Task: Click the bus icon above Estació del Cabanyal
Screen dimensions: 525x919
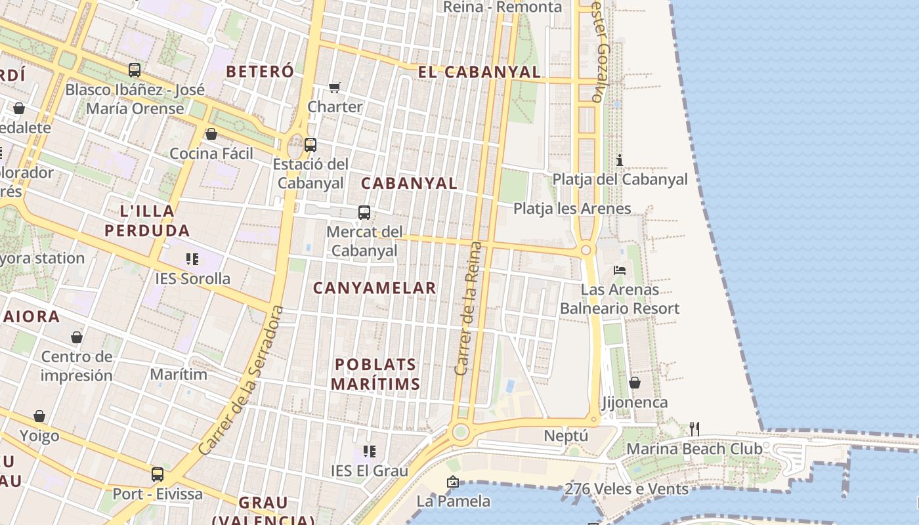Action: pyautogui.click(x=310, y=145)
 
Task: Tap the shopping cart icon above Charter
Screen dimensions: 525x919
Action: pyautogui.click(x=335, y=87)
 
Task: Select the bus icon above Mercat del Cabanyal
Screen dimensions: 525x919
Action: pyautogui.click(x=364, y=213)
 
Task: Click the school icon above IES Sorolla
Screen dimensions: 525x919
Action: pyautogui.click(x=192, y=259)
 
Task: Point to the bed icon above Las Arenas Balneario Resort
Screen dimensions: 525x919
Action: pyautogui.click(x=619, y=270)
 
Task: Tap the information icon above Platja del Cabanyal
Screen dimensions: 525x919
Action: pyautogui.click(x=619, y=160)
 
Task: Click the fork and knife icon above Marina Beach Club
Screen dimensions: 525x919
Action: pyautogui.click(x=694, y=429)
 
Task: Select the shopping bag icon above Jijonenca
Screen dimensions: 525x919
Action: pyautogui.click(x=634, y=383)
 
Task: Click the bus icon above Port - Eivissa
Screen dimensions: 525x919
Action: pyautogui.click(x=158, y=474)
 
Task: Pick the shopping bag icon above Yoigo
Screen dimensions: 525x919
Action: pyautogui.click(x=39, y=416)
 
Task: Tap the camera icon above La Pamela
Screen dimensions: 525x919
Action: pyautogui.click(x=452, y=482)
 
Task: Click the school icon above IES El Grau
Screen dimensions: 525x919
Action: pyautogui.click(x=370, y=451)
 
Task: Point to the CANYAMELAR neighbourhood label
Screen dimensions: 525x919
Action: pyautogui.click(x=374, y=288)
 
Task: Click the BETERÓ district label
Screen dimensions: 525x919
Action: pyautogui.click(x=260, y=72)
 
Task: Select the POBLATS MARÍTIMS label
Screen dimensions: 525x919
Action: pyautogui.click(x=375, y=374)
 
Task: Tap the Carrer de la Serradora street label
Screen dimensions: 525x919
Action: pyautogui.click(x=241, y=381)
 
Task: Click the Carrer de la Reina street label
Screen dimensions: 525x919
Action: pyautogui.click(x=468, y=308)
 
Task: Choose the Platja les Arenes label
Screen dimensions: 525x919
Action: pyautogui.click(x=572, y=209)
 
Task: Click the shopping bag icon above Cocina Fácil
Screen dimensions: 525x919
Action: pyautogui.click(x=211, y=135)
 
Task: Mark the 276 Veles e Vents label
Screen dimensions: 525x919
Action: pyautogui.click(x=626, y=489)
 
